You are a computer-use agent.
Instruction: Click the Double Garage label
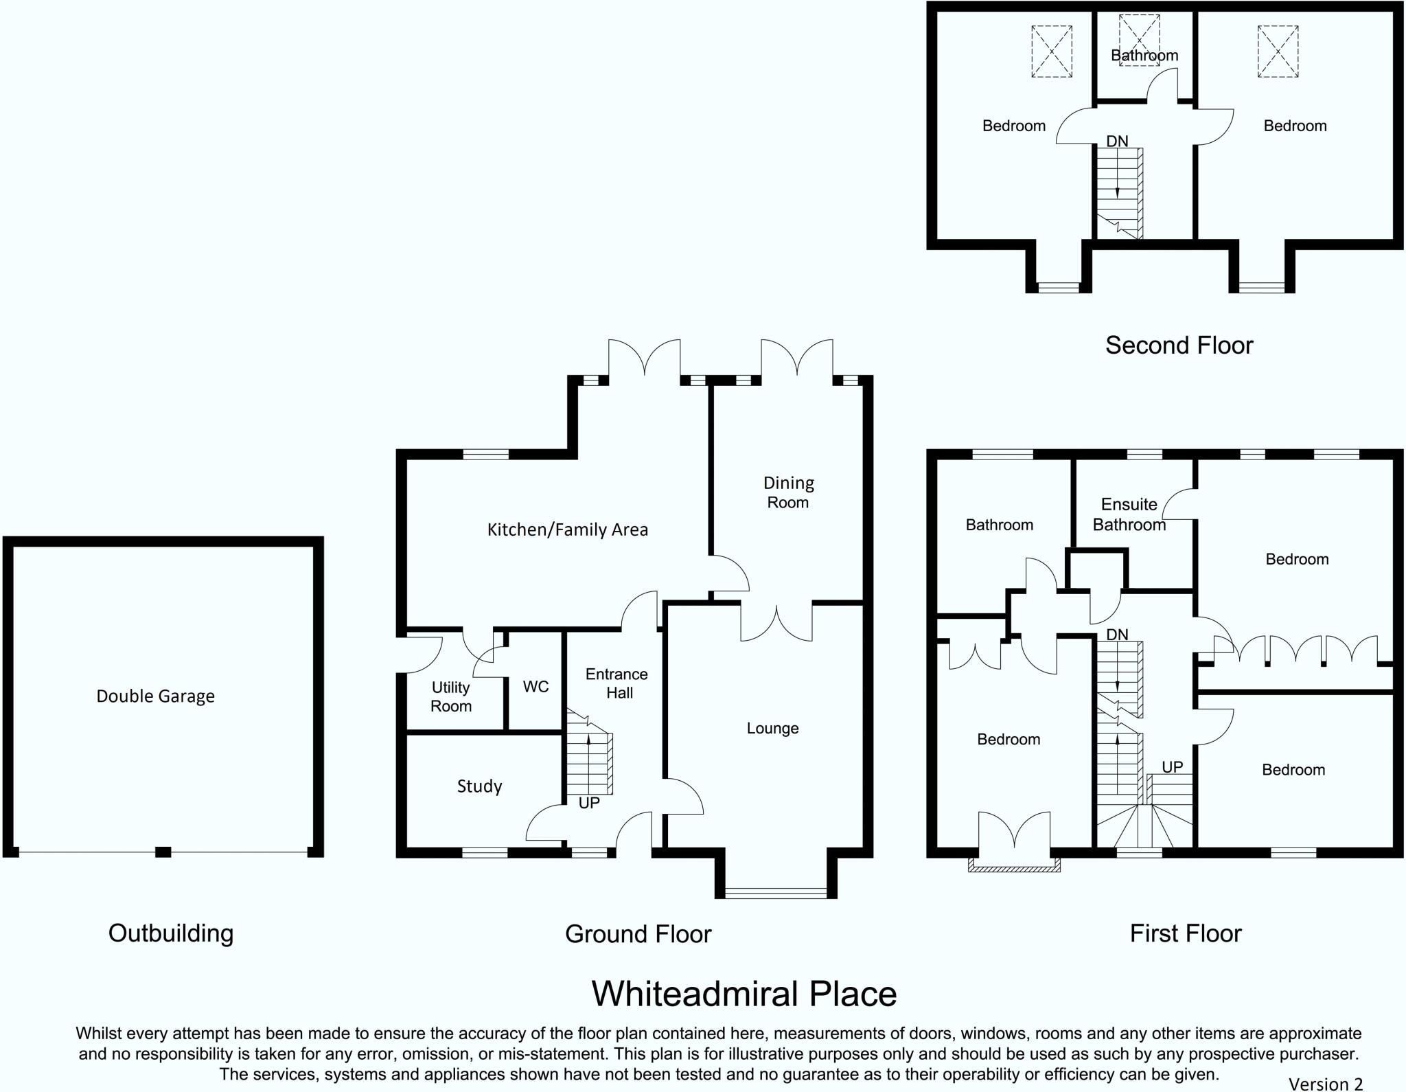155,696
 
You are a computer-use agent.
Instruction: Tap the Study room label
479,786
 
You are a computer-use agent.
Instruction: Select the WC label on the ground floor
535,687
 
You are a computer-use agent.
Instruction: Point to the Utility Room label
451,696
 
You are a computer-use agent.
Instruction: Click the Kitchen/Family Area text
567,530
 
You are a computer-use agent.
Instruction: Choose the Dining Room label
788,492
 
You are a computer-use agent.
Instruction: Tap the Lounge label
772,728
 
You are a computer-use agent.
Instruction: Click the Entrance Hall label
616,683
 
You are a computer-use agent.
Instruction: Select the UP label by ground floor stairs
589,803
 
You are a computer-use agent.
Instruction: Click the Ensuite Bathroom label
1129,514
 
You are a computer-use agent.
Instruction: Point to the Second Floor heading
1179,345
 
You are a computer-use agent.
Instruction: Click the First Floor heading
1186,933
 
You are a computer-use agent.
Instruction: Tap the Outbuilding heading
171,933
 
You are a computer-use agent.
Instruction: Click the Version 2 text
1325,1084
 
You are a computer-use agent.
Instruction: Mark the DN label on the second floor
1117,141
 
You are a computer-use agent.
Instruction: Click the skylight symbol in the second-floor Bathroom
1140,40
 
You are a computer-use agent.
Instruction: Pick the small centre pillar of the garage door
163,852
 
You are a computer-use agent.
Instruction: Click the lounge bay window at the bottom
776,893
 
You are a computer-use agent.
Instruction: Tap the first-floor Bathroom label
999,525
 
